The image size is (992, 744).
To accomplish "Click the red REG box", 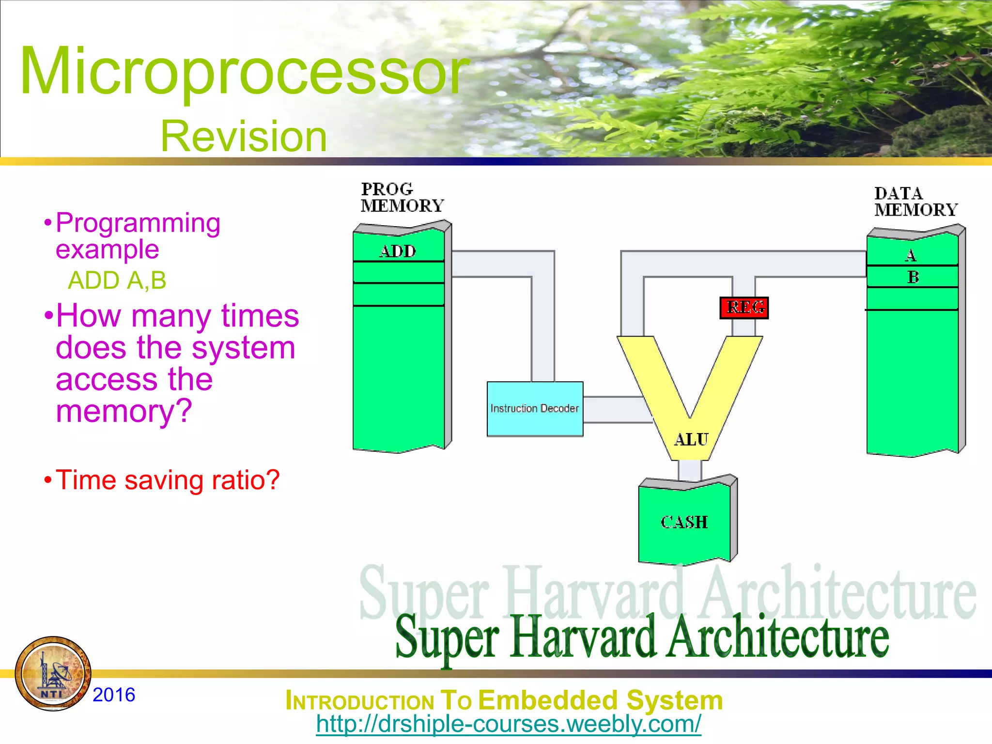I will (744, 308).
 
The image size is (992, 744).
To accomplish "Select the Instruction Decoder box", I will (535, 409).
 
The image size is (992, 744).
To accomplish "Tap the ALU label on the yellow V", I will (691, 439).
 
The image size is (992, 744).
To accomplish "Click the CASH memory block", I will (684, 522).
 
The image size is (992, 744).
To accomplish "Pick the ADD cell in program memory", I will (398, 251).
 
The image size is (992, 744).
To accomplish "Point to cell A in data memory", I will (911, 255).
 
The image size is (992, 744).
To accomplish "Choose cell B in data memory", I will (913, 277).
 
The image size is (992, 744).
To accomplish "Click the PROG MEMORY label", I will (402, 197).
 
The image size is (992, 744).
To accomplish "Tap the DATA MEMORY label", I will (915, 201).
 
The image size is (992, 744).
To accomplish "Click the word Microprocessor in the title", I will (245, 72).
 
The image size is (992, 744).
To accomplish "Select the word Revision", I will (244, 137).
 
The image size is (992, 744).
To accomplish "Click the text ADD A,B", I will (117, 280).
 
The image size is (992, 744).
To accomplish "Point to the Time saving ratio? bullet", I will (167, 480).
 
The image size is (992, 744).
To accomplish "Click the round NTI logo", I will (53, 673).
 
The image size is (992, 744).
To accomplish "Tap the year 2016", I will (114, 695).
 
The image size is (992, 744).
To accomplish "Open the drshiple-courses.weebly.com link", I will (508, 724).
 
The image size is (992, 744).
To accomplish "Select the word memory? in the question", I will (124, 411).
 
